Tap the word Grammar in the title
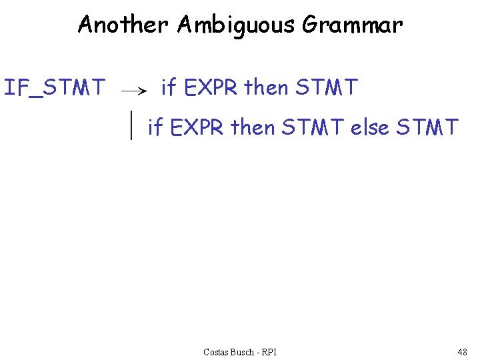[x=353, y=25]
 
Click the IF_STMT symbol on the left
[x=55, y=87]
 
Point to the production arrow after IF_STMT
[x=135, y=91]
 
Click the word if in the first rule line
[x=169, y=87]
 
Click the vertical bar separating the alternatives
[x=132, y=125]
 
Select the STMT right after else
[x=427, y=127]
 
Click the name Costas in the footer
[x=217, y=351]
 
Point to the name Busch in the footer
[x=247, y=351]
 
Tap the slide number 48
[x=462, y=351]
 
